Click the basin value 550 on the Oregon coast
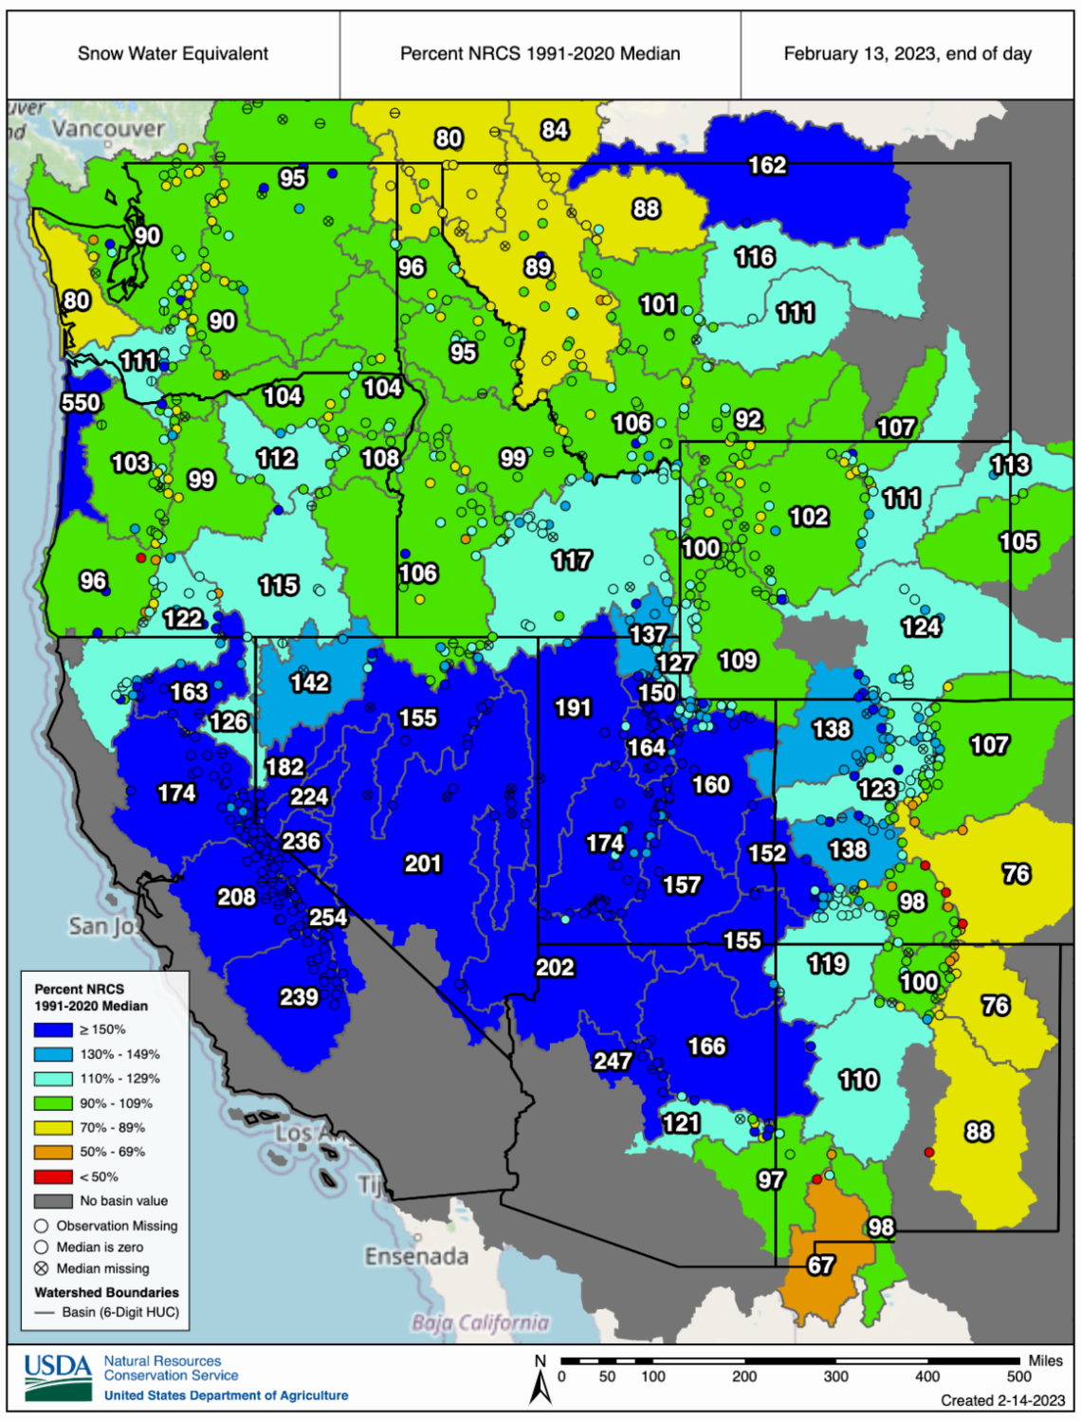pos(81,403)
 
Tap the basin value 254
pos(328,917)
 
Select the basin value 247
pos(613,1061)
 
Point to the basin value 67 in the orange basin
pos(821,1265)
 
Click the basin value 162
pos(767,166)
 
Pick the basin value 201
pos(423,864)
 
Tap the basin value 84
pos(555,130)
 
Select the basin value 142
pos(310,683)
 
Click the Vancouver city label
pos(108,128)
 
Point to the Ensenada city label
pos(416,1257)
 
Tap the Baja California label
pos(480,1322)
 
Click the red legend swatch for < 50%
pos(53,1176)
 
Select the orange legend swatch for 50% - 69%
pos(53,1152)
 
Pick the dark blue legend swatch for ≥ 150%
pos(53,1029)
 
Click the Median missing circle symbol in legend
pos(42,1268)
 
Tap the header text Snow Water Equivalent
pos(173,54)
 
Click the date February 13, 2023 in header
pos(907,54)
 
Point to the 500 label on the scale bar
pos(1018,1376)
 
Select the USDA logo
pos(58,1376)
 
